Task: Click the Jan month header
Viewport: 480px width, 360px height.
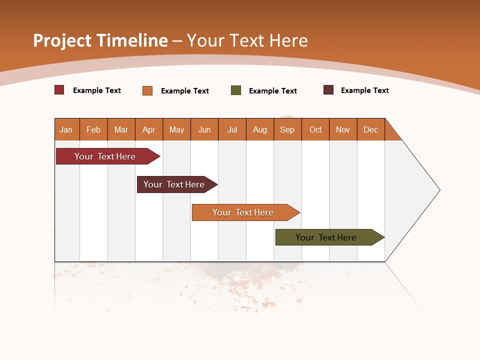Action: pos(66,129)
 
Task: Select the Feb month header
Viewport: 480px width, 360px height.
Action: pos(93,129)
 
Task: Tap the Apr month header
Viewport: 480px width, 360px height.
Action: pos(149,129)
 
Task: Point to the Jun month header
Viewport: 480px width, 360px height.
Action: pos(204,129)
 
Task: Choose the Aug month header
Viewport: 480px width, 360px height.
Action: pos(260,129)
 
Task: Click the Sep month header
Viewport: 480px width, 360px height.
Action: pos(287,129)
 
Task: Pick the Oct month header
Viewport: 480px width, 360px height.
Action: pos(315,129)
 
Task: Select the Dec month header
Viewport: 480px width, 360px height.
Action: pos(371,129)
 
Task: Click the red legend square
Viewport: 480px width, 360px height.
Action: pos(59,90)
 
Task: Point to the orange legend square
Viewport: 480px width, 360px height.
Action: pos(147,90)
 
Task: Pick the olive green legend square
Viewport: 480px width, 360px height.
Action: pos(236,90)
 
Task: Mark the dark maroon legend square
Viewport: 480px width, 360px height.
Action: pos(328,90)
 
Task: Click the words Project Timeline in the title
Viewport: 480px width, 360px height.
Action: pos(100,40)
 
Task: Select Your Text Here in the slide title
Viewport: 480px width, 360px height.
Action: pos(247,40)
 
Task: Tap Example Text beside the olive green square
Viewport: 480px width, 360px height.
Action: pos(273,91)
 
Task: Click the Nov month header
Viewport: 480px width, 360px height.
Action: pos(343,129)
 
